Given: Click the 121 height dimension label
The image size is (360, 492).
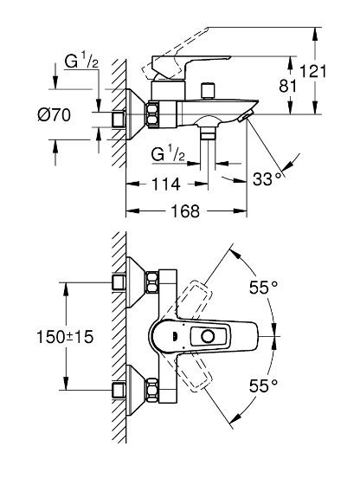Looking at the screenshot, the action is (x=313, y=71).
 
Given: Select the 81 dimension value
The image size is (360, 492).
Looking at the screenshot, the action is (x=287, y=86).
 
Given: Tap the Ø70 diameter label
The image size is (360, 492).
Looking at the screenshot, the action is (x=54, y=115).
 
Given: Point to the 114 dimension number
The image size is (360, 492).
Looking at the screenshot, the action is (x=166, y=184).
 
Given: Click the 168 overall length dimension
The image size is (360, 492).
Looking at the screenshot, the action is (x=185, y=210).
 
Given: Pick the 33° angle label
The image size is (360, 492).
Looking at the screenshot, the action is (x=267, y=179).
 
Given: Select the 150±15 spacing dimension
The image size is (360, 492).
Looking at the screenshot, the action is (x=65, y=337).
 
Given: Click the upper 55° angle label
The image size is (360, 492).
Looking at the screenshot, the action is (x=263, y=287).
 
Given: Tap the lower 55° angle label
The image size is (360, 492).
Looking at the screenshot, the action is (x=263, y=385).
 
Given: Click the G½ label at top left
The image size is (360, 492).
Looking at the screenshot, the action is (x=81, y=61).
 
